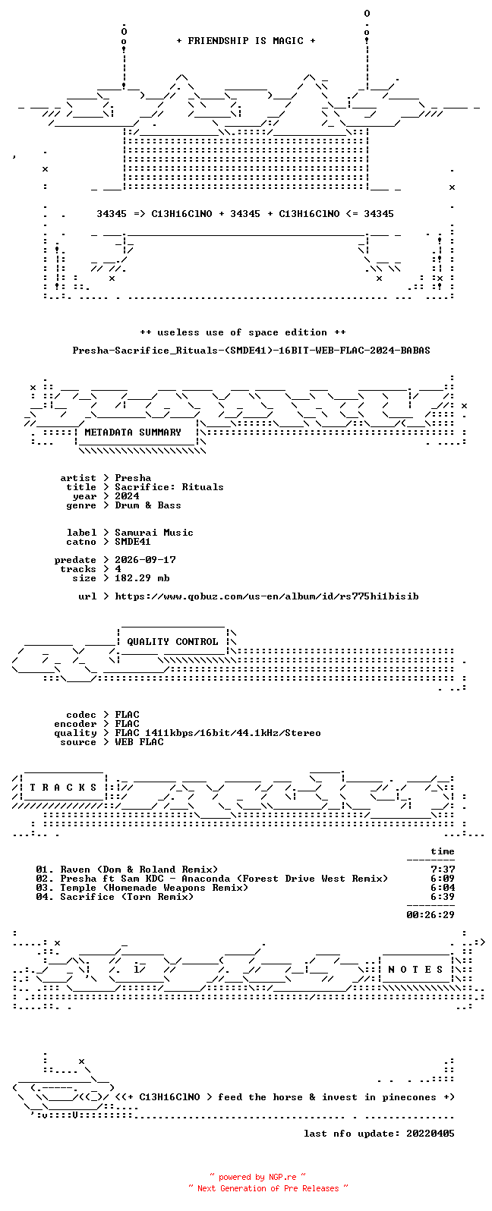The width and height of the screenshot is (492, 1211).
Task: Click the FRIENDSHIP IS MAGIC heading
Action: click(x=246, y=40)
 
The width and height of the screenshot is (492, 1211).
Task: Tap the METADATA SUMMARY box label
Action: click(x=133, y=432)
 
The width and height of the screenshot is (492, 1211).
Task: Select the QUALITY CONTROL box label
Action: click(x=172, y=641)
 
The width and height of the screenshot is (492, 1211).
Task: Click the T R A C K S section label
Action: click(x=63, y=787)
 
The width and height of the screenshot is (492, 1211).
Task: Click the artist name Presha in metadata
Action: click(x=133, y=478)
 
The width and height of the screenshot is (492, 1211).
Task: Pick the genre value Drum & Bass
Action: click(x=148, y=505)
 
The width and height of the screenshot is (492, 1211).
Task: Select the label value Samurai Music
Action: click(x=153, y=533)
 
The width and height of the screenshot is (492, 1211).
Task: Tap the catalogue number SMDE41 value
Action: click(x=133, y=541)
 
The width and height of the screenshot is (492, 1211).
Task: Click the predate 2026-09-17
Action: click(x=145, y=559)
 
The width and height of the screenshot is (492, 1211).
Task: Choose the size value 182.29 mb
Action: click(x=142, y=578)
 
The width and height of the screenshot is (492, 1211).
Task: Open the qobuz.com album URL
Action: click(x=266, y=596)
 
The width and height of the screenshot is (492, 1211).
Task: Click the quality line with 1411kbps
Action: click(x=218, y=732)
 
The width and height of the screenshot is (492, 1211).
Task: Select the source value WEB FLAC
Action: click(x=138, y=742)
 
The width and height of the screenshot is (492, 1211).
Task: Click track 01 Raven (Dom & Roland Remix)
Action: click(x=127, y=870)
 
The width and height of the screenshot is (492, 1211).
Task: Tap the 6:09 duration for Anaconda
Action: click(x=443, y=879)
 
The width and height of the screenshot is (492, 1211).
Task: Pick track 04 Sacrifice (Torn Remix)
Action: click(x=115, y=897)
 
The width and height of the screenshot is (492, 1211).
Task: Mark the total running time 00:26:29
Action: click(x=430, y=915)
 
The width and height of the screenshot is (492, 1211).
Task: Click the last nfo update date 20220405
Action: click(x=430, y=1133)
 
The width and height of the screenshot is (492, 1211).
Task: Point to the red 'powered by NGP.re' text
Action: click(x=257, y=1177)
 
